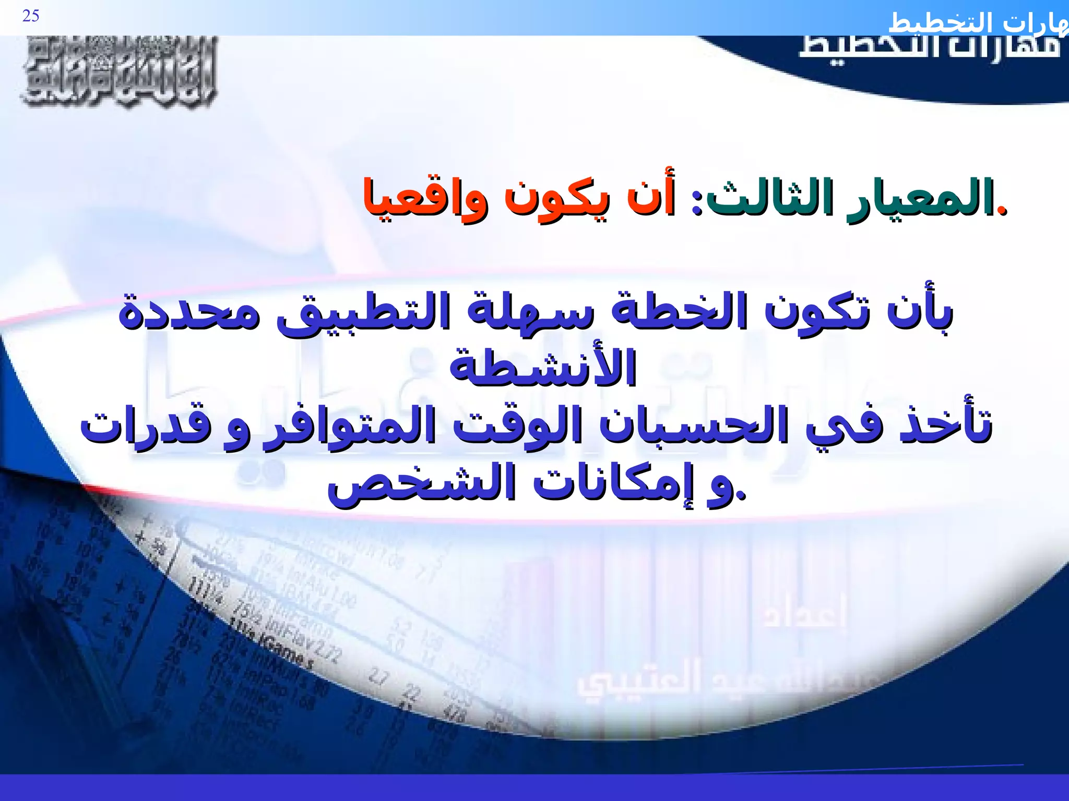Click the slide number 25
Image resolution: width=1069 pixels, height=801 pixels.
pyautogui.click(x=31, y=16)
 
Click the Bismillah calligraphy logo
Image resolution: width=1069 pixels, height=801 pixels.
pyautogui.click(x=119, y=71)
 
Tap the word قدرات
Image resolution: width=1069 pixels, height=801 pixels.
pyautogui.click(x=146, y=426)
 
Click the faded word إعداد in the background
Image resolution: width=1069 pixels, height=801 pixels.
pyautogui.click(x=804, y=612)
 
